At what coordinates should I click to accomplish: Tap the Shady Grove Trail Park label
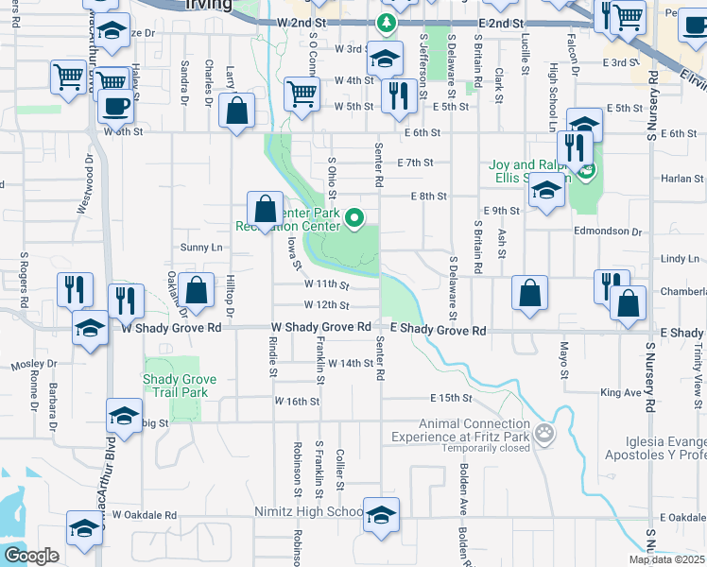180,386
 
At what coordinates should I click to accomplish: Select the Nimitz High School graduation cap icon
381,514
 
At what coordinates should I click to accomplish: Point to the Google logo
31,556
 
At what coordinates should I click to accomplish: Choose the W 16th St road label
298,402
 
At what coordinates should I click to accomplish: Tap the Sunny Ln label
201,248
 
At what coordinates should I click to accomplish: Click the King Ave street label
620,392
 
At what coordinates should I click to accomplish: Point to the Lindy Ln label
680,258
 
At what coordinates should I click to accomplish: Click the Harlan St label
677,178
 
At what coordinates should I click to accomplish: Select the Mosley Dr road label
34,364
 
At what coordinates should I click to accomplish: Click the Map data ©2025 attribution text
667,559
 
